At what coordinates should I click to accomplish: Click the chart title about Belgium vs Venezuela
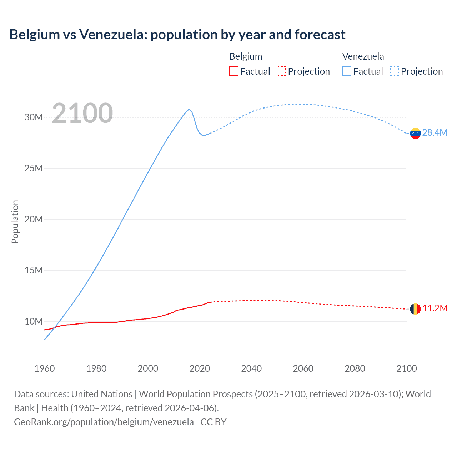[x=177, y=35]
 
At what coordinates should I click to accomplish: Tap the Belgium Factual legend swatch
[x=233, y=71]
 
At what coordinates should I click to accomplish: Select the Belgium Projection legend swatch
[x=281, y=71]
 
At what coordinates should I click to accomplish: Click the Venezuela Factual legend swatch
[x=346, y=71]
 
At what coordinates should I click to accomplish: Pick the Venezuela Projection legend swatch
[x=394, y=71]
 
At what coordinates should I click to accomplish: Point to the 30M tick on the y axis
[x=34, y=117]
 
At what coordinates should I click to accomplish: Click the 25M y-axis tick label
[x=34, y=168]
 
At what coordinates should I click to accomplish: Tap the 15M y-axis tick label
[x=34, y=270]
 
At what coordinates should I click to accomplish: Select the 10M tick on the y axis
[x=34, y=321]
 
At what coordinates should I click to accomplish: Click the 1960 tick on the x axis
[x=45, y=368]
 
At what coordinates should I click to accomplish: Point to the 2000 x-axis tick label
[x=148, y=368]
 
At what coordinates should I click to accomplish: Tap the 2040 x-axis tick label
[x=251, y=368]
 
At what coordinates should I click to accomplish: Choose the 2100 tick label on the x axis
[x=406, y=368]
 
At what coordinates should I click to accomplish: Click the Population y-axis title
[x=15, y=222]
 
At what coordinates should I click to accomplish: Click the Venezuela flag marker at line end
[x=415, y=133]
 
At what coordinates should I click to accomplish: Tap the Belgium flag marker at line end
[x=415, y=309]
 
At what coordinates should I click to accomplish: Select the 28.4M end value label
[x=435, y=133]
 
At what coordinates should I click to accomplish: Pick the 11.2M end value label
[x=435, y=308]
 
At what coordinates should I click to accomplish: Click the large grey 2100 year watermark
[x=82, y=114]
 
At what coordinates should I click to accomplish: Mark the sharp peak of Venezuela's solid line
[x=189, y=109]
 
